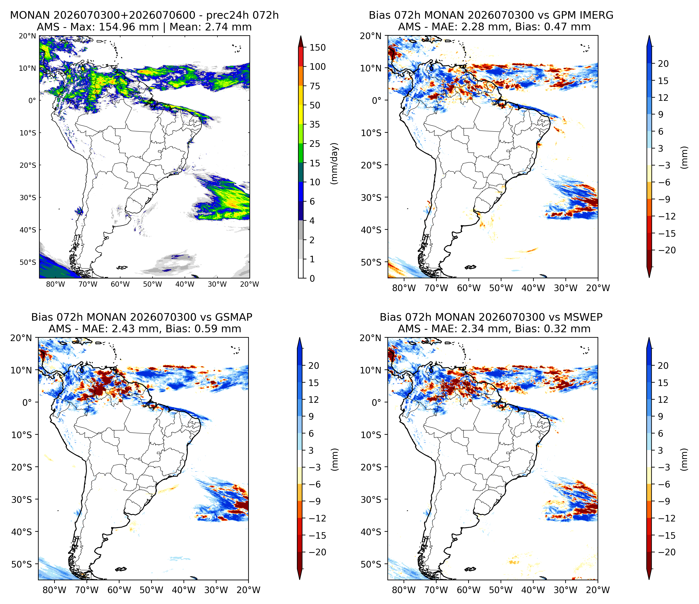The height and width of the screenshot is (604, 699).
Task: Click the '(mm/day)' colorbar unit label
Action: [x=334, y=164]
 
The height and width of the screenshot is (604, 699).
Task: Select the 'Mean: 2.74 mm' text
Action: [x=211, y=27]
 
